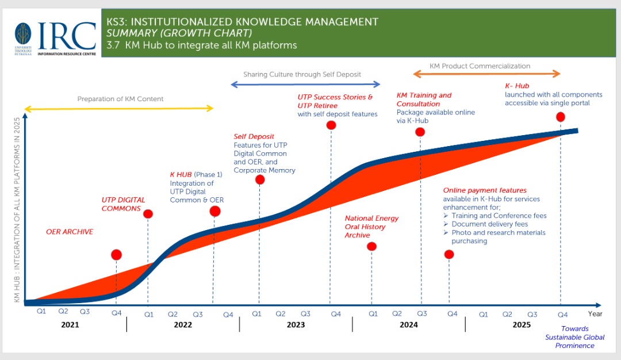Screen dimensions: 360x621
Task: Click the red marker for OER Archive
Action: (117, 255)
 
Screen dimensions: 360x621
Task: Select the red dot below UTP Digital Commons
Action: (148, 214)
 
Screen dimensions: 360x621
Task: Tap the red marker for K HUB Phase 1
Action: (215, 211)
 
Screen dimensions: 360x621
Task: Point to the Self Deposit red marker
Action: (260, 179)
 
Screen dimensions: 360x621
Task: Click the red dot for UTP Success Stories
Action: (331, 125)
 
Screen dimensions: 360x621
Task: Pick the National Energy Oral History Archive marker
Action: (371, 247)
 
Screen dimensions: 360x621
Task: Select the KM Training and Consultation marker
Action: (420, 132)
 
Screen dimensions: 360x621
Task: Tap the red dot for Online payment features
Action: (449, 254)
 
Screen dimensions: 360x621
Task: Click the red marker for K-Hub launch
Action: (561, 117)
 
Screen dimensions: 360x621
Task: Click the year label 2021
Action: (70, 325)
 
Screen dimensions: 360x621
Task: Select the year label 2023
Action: (296, 325)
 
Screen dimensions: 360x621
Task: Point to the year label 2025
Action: (522, 325)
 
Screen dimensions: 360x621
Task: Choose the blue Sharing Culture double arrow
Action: (305, 85)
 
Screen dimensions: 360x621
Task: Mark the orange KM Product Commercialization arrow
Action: (486, 74)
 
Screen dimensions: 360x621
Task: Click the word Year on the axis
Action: (595, 314)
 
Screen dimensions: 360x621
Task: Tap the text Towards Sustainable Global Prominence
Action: (575, 338)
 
